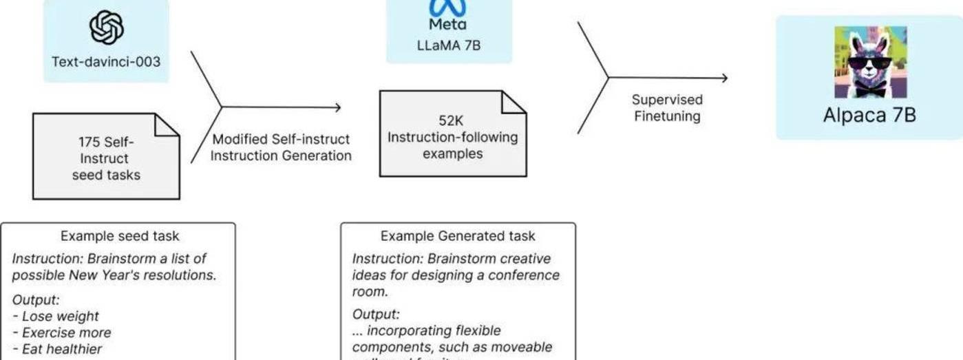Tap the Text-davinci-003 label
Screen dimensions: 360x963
click(106, 61)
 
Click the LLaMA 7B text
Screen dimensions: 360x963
click(447, 45)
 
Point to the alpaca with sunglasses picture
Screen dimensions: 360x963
click(870, 62)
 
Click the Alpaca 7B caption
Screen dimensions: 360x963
click(869, 115)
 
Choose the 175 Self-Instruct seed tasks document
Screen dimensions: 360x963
click(106, 157)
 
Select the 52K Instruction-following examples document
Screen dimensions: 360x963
click(452, 134)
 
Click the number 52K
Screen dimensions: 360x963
click(452, 120)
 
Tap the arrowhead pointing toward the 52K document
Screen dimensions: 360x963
click(337, 107)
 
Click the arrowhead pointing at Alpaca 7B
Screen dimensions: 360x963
click(723, 78)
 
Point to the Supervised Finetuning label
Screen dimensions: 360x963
click(667, 108)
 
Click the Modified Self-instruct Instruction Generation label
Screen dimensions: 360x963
click(281, 147)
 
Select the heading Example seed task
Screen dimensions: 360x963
click(120, 236)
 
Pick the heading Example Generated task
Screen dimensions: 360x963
click(458, 236)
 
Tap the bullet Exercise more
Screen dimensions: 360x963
click(66, 333)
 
